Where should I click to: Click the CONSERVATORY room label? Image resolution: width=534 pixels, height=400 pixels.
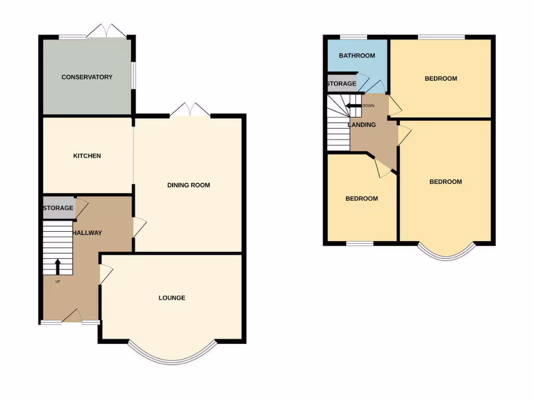click(87, 77)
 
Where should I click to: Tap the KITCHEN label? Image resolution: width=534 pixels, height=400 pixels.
click(87, 156)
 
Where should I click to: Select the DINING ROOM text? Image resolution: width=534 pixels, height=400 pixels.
click(188, 185)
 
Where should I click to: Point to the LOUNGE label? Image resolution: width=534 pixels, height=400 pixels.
click(172, 298)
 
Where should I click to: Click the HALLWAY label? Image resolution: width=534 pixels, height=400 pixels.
click(87, 233)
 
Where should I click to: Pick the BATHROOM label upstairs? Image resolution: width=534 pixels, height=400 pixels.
click(357, 56)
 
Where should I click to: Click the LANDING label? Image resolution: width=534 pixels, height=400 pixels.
click(362, 124)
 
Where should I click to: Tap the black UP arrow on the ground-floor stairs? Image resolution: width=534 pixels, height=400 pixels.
click(57, 266)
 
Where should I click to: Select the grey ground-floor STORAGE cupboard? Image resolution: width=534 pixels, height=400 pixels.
click(58, 208)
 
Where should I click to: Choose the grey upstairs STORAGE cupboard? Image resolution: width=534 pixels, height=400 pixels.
click(342, 83)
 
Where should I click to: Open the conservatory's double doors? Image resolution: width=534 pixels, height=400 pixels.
click(106, 31)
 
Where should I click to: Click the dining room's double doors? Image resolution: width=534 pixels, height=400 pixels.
click(190, 110)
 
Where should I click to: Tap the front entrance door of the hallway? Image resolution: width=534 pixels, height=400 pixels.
click(71, 317)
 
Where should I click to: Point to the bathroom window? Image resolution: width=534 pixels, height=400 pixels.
click(353, 36)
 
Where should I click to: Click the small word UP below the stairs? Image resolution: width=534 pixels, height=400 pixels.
click(57, 281)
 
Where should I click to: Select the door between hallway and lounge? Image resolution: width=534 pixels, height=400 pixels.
click(105, 274)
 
